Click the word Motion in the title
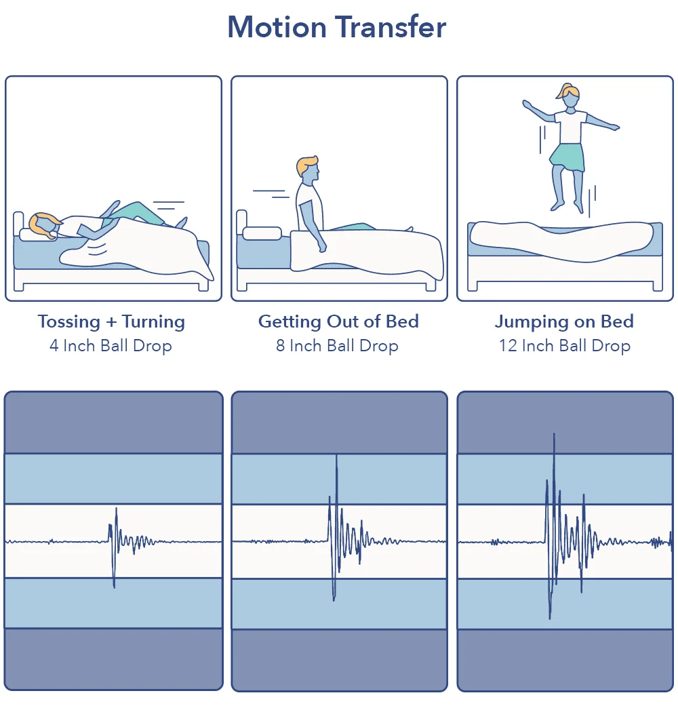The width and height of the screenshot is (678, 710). tap(277, 28)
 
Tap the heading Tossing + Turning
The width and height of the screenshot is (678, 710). tap(111, 321)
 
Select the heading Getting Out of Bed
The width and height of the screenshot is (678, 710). tap(338, 321)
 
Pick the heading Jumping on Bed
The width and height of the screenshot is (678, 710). tap(564, 321)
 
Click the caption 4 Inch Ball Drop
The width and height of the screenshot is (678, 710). tap(111, 346)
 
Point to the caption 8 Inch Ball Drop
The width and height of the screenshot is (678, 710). tap(337, 346)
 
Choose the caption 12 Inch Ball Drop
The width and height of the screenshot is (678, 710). tap(564, 346)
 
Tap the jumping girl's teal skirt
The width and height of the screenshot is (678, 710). tap(568, 157)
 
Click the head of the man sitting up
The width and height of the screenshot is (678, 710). tap(308, 172)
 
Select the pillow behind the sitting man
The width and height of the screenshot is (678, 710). tap(262, 233)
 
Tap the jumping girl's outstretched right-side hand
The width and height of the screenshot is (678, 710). tap(614, 127)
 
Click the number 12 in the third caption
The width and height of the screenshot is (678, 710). tap(508, 346)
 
